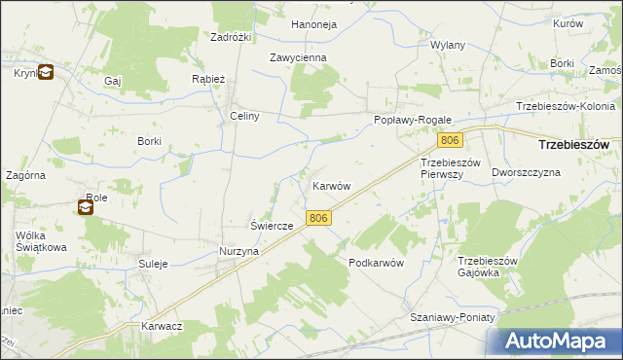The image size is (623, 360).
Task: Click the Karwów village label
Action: pyautogui.click(x=331, y=185)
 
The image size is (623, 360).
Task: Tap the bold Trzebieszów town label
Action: pyautogui.click(x=573, y=144)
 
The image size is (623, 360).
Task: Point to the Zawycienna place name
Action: pyautogui.click(x=298, y=57)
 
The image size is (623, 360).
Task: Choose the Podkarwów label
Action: pyautogui.click(x=376, y=263)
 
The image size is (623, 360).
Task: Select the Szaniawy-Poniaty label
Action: pyautogui.click(x=453, y=318)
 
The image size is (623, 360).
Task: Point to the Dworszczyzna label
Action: pyautogui.click(x=527, y=172)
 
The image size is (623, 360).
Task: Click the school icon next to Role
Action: pyautogui.click(x=86, y=206)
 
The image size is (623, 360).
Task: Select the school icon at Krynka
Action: pyautogui.click(x=46, y=71)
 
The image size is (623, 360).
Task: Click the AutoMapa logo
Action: pyautogui.click(x=561, y=341)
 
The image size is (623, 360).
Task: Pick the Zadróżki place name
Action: pyautogui.click(x=232, y=37)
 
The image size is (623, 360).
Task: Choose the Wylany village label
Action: pyautogui.click(x=448, y=46)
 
